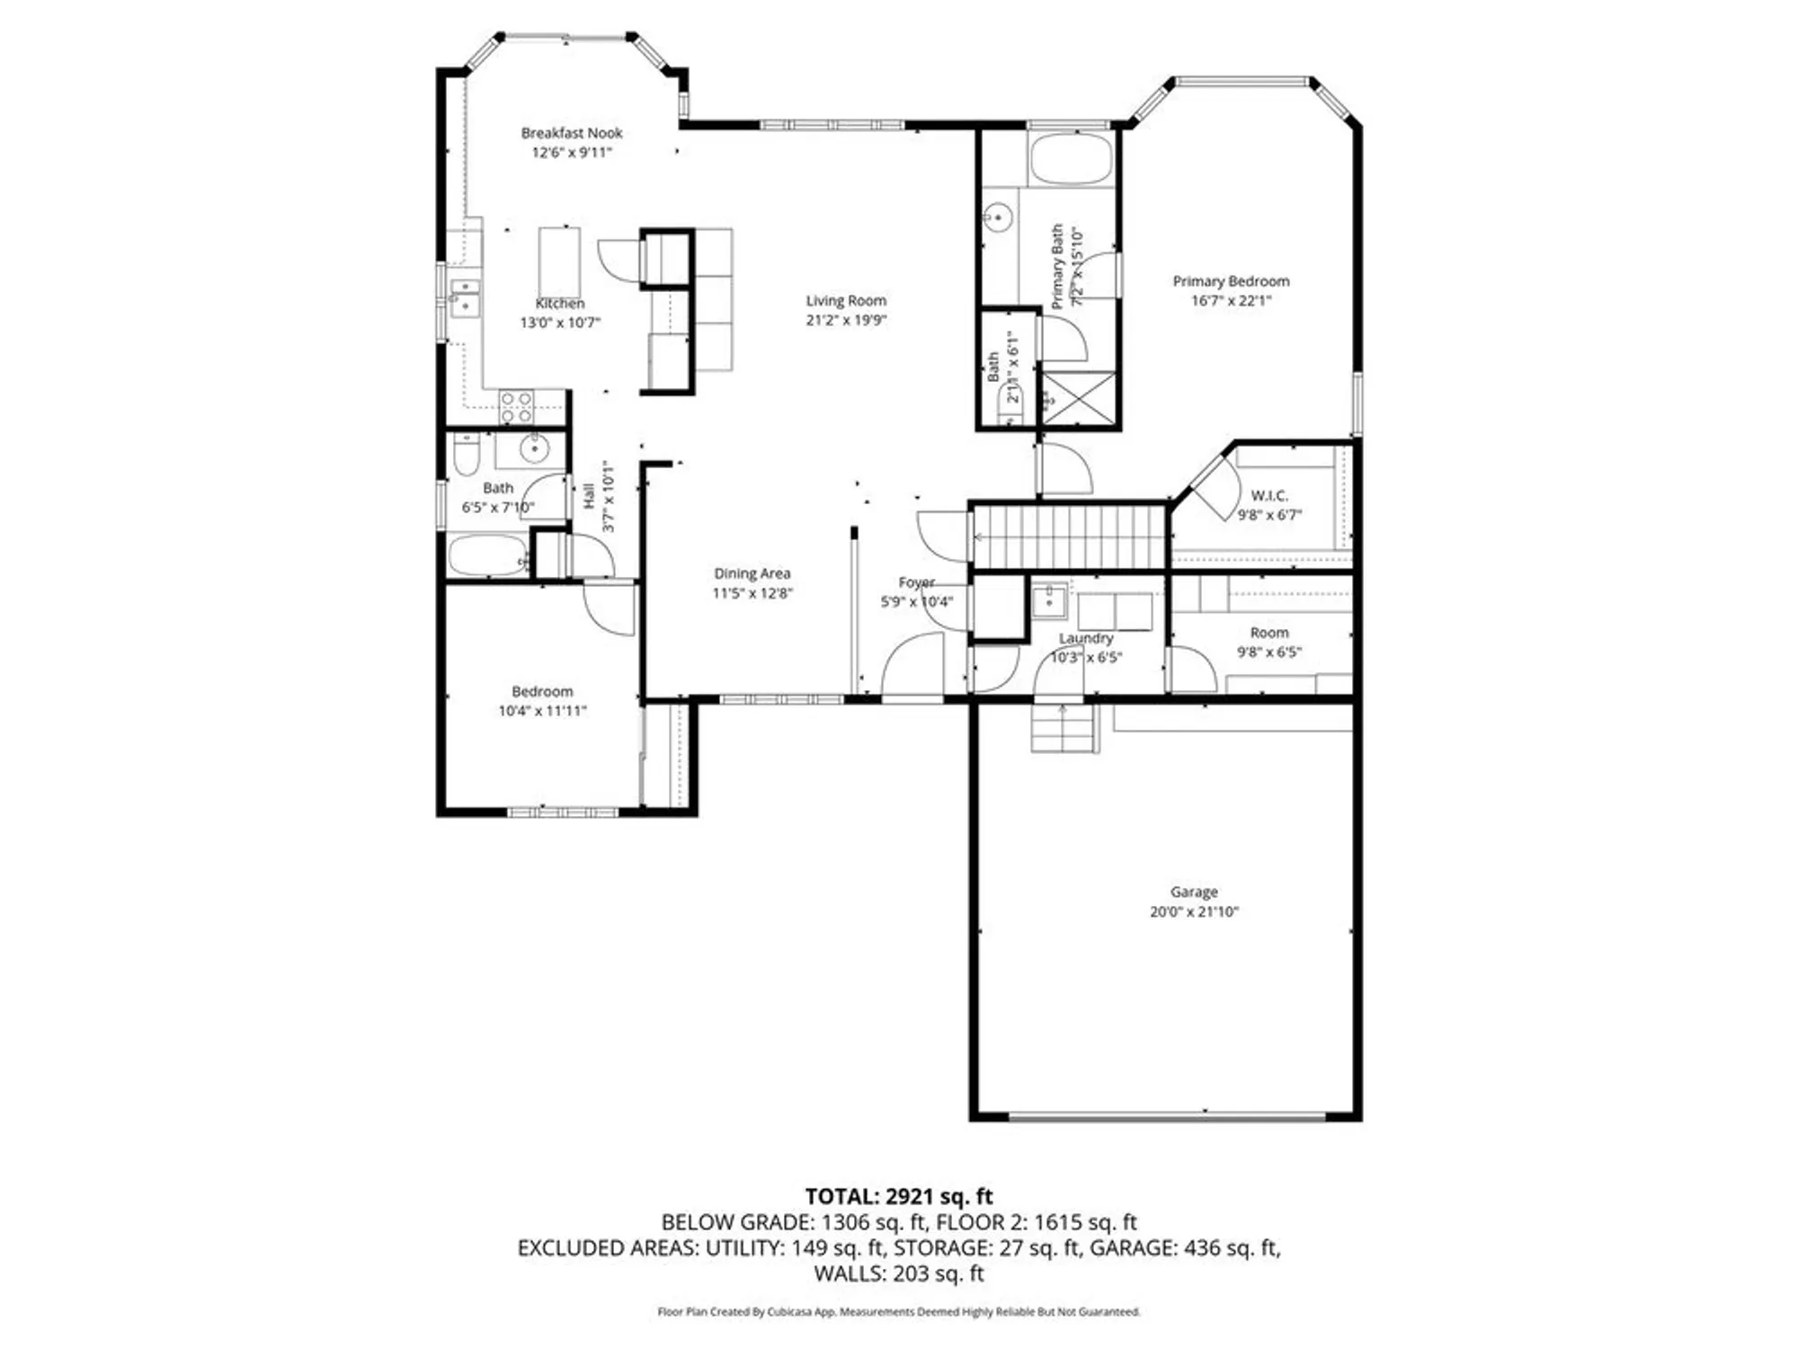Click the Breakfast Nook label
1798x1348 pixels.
pos(572,133)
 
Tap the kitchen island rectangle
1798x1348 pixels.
pos(559,262)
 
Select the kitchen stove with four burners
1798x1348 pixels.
pos(517,406)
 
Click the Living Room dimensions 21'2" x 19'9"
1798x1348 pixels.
pos(846,320)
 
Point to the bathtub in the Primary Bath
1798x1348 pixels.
pos(1070,160)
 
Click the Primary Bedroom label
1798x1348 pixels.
pos(1231,281)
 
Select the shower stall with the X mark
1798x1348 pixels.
pos(1078,397)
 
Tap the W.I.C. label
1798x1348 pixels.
pos(1268,495)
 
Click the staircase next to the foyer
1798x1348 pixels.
pos(1070,537)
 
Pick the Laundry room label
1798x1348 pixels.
pos(1086,638)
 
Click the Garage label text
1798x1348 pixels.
pos(1194,891)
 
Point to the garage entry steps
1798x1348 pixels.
pos(1064,728)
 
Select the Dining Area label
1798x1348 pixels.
pos(752,573)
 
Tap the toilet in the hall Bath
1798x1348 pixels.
pos(467,456)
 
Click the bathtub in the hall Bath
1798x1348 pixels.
pos(487,555)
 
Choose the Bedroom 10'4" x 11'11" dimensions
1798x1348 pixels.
pos(542,711)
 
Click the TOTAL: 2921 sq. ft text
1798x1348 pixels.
pos(898,1196)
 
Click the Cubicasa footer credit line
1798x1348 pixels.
pos(898,1312)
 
